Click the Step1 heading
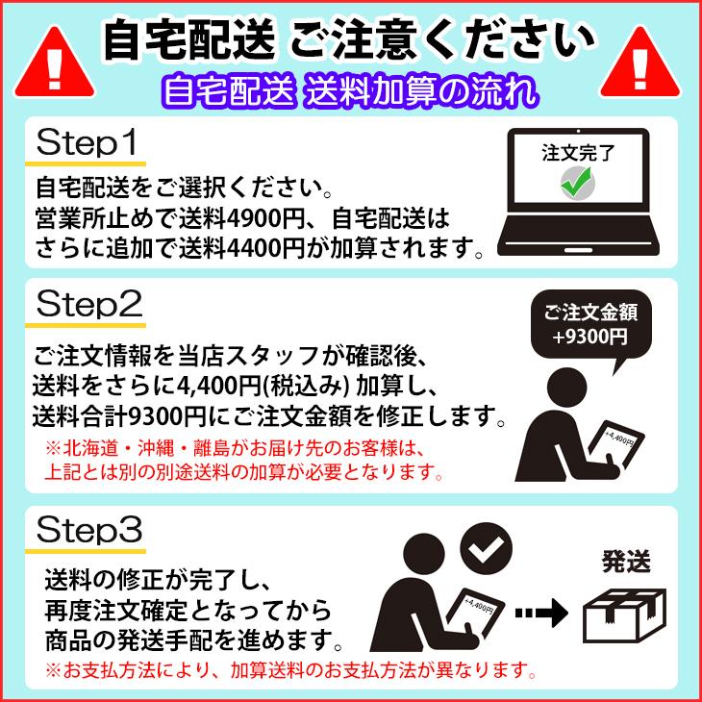click(87, 143)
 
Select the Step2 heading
click(89, 305)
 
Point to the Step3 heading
click(89, 530)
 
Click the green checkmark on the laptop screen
click(578, 184)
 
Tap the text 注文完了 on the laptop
click(579, 153)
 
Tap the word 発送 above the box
click(626, 562)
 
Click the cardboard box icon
click(624, 614)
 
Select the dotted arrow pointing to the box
click(541, 613)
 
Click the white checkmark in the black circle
click(487, 549)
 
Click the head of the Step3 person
click(423, 557)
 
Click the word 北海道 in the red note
click(91, 448)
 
